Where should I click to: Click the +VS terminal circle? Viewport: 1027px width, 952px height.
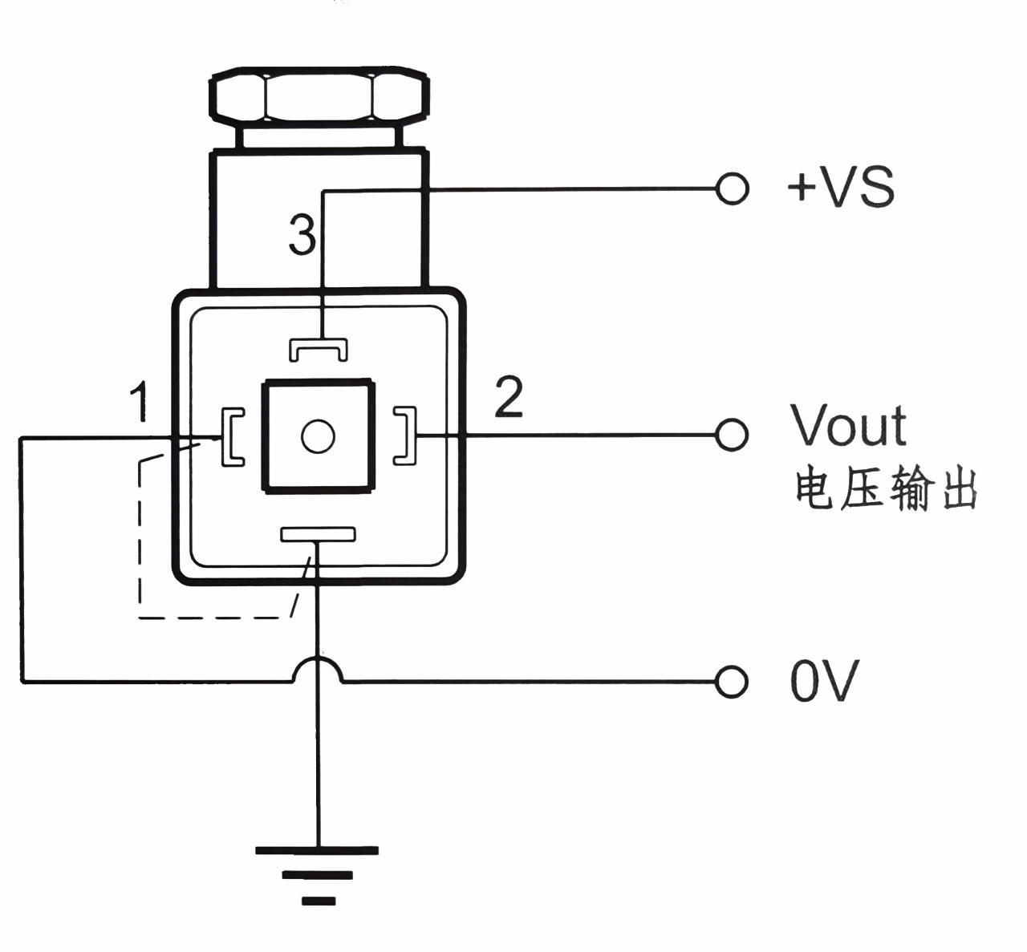tap(732, 189)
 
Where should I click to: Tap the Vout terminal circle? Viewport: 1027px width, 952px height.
tap(732, 435)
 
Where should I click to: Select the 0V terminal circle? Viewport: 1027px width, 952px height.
tap(732, 683)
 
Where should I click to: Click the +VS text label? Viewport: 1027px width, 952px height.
tap(841, 188)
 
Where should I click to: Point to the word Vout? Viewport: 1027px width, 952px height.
tap(849, 425)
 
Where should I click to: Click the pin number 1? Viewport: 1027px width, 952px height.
tap(140, 402)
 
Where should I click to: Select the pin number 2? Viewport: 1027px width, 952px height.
tap(509, 397)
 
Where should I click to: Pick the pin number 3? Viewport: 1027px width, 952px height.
tap(302, 237)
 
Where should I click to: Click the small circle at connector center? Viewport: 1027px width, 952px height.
tap(318, 436)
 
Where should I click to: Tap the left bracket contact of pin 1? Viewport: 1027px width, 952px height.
tap(231, 436)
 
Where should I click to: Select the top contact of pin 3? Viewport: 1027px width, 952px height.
tap(319, 348)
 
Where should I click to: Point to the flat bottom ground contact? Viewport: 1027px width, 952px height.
tap(318, 534)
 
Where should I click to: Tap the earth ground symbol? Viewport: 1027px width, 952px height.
tap(318, 874)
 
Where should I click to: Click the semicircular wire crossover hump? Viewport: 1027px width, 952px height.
tap(318, 669)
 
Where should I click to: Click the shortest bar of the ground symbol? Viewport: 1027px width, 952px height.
tap(319, 901)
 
